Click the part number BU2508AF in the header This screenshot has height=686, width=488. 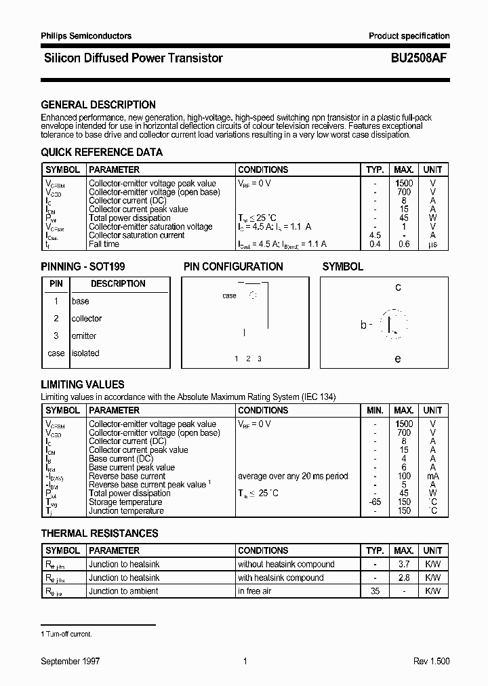[x=419, y=58]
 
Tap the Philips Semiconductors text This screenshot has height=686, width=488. [x=86, y=36]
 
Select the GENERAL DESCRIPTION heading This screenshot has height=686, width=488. [x=98, y=105]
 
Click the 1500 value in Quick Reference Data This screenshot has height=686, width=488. [x=404, y=183]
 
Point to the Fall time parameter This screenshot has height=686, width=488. [x=104, y=244]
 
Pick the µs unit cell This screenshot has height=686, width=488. [x=432, y=244]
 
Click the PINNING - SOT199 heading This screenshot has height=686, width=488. [x=83, y=267]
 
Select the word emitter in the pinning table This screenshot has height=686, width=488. [x=84, y=336]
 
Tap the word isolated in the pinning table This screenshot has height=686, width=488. [x=85, y=353]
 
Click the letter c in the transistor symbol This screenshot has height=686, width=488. [x=398, y=287]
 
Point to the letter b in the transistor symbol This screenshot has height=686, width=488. [x=364, y=325]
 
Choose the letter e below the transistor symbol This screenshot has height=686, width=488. [x=398, y=359]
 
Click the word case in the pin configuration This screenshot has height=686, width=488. [x=229, y=296]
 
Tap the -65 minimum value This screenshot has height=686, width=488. [x=375, y=502]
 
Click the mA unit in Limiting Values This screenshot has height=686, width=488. [x=432, y=476]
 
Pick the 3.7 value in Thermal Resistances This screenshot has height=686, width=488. [x=404, y=564]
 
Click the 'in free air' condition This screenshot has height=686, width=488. [x=256, y=591]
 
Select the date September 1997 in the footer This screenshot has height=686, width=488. [x=70, y=661]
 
